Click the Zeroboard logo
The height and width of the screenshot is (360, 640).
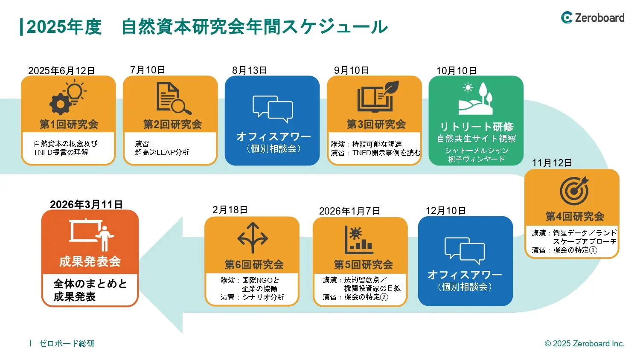(x=592, y=17)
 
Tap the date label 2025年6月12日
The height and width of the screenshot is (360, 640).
(x=61, y=71)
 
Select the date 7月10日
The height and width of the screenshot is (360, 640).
(x=148, y=70)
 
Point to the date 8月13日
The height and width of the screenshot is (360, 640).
(x=250, y=70)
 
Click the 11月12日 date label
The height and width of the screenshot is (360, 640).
(x=552, y=163)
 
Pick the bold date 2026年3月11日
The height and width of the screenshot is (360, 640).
(x=86, y=204)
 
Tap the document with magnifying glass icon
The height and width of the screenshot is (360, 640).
(x=173, y=98)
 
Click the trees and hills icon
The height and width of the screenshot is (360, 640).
(x=476, y=99)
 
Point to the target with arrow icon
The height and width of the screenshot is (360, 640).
(x=574, y=190)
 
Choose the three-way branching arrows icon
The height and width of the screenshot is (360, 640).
(x=253, y=238)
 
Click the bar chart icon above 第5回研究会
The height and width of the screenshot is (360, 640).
(x=358, y=239)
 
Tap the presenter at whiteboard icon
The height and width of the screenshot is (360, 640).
(x=92, y=234)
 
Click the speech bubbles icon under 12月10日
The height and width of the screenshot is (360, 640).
(x=465, y=250)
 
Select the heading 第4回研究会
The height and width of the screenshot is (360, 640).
(x=575, y=217)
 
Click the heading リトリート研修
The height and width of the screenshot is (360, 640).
(x=476, y=127)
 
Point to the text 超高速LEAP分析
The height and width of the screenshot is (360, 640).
(x=162, y=152)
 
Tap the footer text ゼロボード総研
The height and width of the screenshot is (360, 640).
(x=67, y=343)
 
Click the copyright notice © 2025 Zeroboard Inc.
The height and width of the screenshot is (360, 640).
(x=584, y=343)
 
